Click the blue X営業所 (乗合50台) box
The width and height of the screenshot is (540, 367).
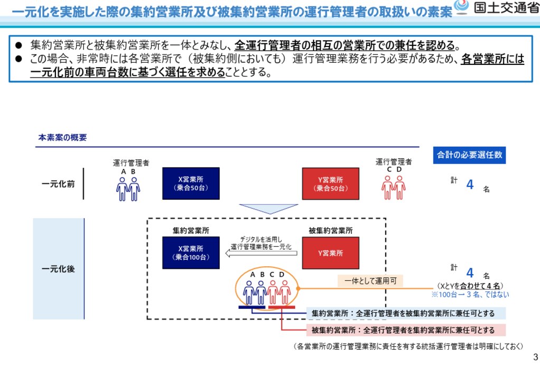(191, 183)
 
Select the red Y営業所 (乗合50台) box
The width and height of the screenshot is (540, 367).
(330, 183)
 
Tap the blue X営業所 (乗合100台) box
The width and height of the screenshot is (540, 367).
(191, 252)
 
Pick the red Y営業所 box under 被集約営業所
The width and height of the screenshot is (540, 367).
(330, 252)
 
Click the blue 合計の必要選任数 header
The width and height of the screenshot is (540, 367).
(469, 155)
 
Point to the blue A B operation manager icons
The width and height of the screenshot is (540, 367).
(128, 188)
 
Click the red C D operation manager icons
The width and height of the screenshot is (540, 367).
(393, 188)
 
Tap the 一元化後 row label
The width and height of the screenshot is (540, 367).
(58, 269)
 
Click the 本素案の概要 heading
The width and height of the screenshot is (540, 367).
(62, 138)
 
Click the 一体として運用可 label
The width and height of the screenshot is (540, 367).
(370, 281)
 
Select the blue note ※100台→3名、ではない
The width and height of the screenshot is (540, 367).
(470, 295)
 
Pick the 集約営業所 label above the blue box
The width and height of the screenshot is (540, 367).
(191, 230)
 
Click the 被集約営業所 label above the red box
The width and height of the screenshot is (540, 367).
(330, 230)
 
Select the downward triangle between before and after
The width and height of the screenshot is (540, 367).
(261, 209)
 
